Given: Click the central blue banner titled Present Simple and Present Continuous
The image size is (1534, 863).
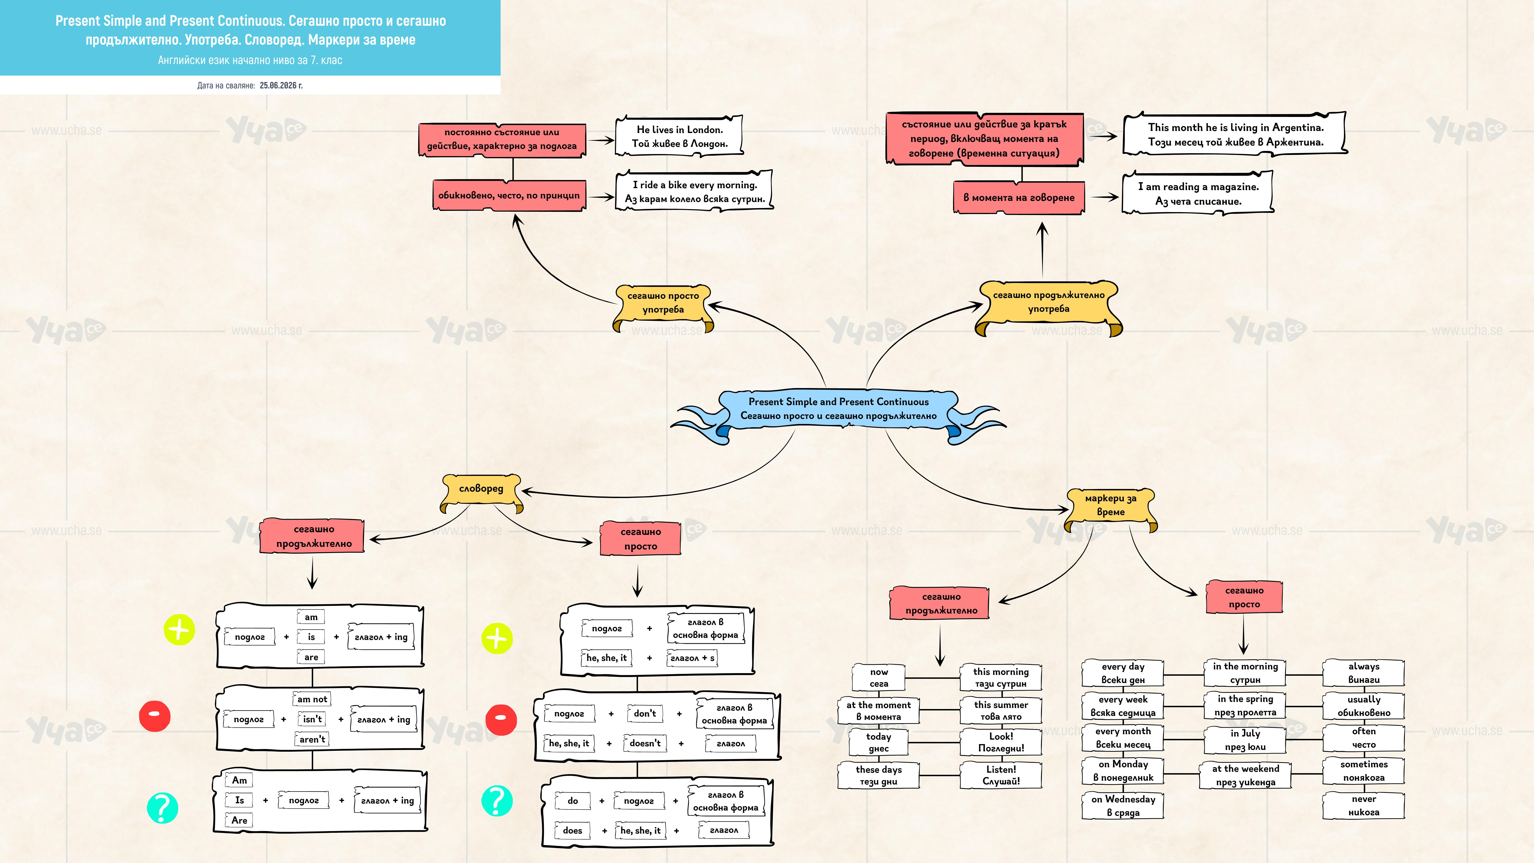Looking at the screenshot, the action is tap(838, 410).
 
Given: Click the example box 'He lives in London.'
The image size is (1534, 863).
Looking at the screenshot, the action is tap(680, 136).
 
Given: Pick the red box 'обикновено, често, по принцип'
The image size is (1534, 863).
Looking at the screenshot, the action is tap(509, 195).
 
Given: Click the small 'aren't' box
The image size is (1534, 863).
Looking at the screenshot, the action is tap(312, 739).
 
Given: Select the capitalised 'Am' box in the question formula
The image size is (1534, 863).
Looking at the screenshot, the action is tap(239, 780).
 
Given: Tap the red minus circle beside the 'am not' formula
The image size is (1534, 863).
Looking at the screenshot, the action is tap(155, 716).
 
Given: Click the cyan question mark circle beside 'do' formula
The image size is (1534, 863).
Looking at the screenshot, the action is tap(497, 800).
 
